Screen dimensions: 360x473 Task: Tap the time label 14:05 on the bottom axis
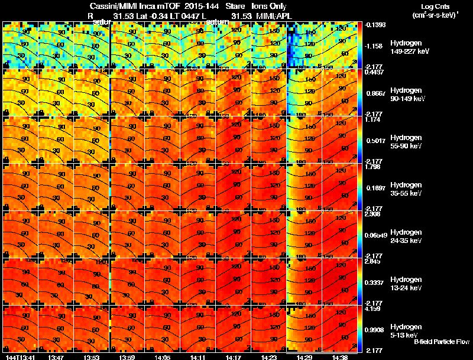click(128, 356)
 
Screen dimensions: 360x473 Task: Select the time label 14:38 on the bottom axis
click(339, 356)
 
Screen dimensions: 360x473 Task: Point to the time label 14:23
click(269, 356)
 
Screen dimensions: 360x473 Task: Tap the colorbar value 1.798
click(372, 167)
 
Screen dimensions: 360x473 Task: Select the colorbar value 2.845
click(372, 261)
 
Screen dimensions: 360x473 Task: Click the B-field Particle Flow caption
click(441, 342)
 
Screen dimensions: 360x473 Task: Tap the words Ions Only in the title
click(268, 5)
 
